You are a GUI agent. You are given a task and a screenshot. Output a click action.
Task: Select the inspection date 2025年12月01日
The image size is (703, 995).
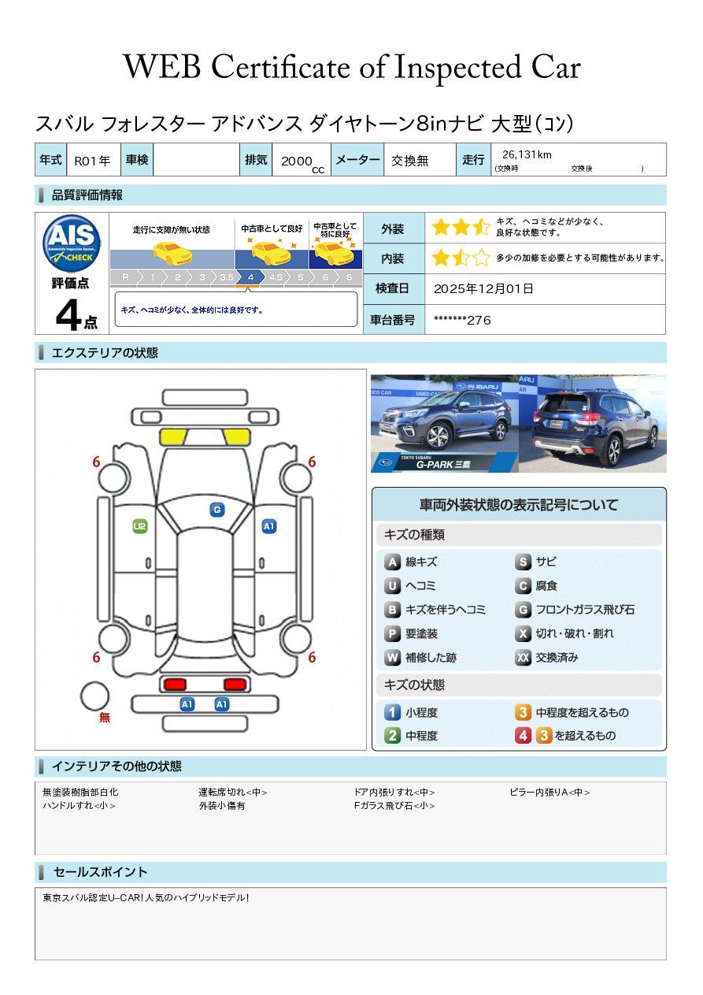coord(483,288)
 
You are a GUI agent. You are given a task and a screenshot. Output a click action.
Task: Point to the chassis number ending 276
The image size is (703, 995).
coord(462,320)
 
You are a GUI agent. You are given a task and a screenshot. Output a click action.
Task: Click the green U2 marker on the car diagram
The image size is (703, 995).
coord(140,526)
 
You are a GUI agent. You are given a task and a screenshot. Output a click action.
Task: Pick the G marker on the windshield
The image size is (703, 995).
coord(216,510)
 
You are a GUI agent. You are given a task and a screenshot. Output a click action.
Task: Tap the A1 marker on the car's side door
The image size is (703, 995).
coord(269,526)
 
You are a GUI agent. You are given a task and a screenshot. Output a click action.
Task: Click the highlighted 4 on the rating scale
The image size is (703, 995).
coord(250,277)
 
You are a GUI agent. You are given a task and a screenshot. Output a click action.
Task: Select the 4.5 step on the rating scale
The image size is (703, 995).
coord(276,277)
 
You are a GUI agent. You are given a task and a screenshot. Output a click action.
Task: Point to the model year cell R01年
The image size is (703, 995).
coord(92,161)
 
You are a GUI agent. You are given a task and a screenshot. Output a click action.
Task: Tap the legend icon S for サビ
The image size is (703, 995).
coord(523,562)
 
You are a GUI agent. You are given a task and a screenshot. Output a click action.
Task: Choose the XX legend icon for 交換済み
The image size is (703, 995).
coord(523,658)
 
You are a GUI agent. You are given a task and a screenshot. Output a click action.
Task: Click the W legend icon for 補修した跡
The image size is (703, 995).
coord(392,658)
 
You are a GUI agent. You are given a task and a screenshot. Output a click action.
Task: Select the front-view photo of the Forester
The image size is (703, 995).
coord(445,424)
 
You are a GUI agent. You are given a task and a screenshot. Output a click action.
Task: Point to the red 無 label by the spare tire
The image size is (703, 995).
coord(105,718)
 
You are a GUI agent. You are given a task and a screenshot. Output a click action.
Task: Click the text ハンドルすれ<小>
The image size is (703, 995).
coord(79,806)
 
